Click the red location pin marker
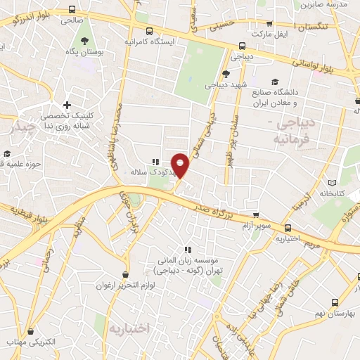pos(181,165)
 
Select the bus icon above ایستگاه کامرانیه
pos(149,31)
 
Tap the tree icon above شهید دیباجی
pos(225,73)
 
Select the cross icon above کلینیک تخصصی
pos(67,105)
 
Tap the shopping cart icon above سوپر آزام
pos(255,216)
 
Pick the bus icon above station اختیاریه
pos(287,228)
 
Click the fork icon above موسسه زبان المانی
pos(187,250)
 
